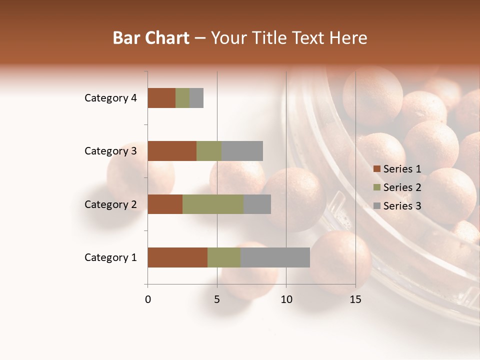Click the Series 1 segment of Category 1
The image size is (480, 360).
pos(177,257)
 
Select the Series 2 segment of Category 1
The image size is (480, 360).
pos(224,257)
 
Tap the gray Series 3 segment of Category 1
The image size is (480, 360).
pos(275,257)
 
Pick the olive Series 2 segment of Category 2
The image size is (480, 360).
pos(213,204)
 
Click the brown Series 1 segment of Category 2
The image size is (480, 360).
pos(165,204)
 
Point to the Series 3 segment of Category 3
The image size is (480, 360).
pos(242,151)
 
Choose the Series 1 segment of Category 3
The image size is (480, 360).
pos(172,151)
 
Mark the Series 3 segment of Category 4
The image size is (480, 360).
pos(196,98)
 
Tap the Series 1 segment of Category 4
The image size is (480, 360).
pos(161,98)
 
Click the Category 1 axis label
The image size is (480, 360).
pos(110,257)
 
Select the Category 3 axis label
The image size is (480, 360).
pos(110,151)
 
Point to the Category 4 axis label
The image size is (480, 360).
pos(110,98)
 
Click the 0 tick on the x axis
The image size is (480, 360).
pos(148,299)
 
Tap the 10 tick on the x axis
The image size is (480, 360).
pos(286,299)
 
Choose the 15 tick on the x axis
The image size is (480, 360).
pos(355,299)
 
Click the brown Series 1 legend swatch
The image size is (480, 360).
pos(376,169)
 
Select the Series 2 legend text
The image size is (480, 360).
pos(402,187)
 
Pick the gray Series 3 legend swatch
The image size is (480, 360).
pos(376,206)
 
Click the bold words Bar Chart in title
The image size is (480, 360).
pos(151,38)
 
